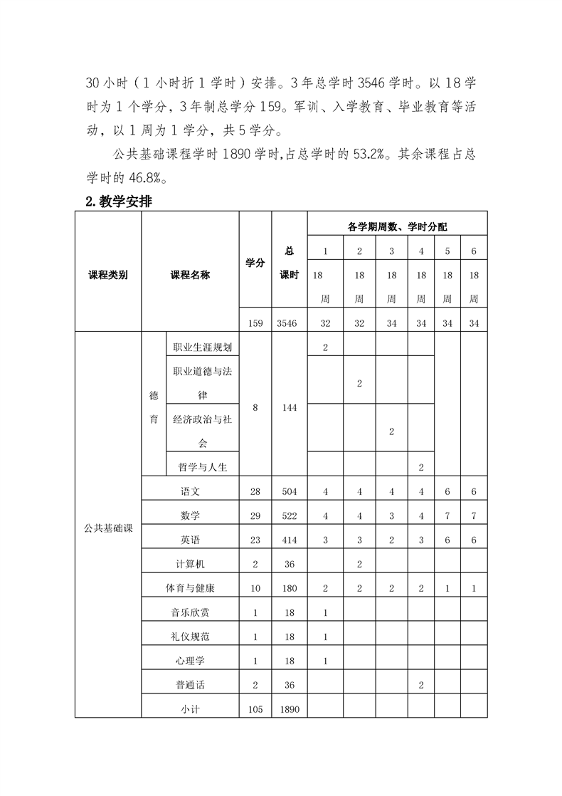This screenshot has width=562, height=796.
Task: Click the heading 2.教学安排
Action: (118, 201)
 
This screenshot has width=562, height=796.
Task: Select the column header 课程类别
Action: (108, 276)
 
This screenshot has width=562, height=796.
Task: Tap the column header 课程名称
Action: (190, 276)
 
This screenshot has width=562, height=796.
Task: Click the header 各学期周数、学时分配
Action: (397, 226)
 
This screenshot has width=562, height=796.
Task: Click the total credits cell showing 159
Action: (255, 323)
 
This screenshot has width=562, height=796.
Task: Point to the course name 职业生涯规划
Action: (202, 347)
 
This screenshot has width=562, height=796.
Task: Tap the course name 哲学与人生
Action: (202, 467)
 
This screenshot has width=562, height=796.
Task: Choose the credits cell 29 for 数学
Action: (255, 515)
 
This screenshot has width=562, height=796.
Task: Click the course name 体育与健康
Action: (190, 588)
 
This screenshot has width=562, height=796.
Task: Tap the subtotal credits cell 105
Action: (255, 708)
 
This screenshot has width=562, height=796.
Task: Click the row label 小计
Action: (190, 708)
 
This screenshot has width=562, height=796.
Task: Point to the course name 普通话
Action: (190, 684)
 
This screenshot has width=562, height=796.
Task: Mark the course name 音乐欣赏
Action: (190, 612)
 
